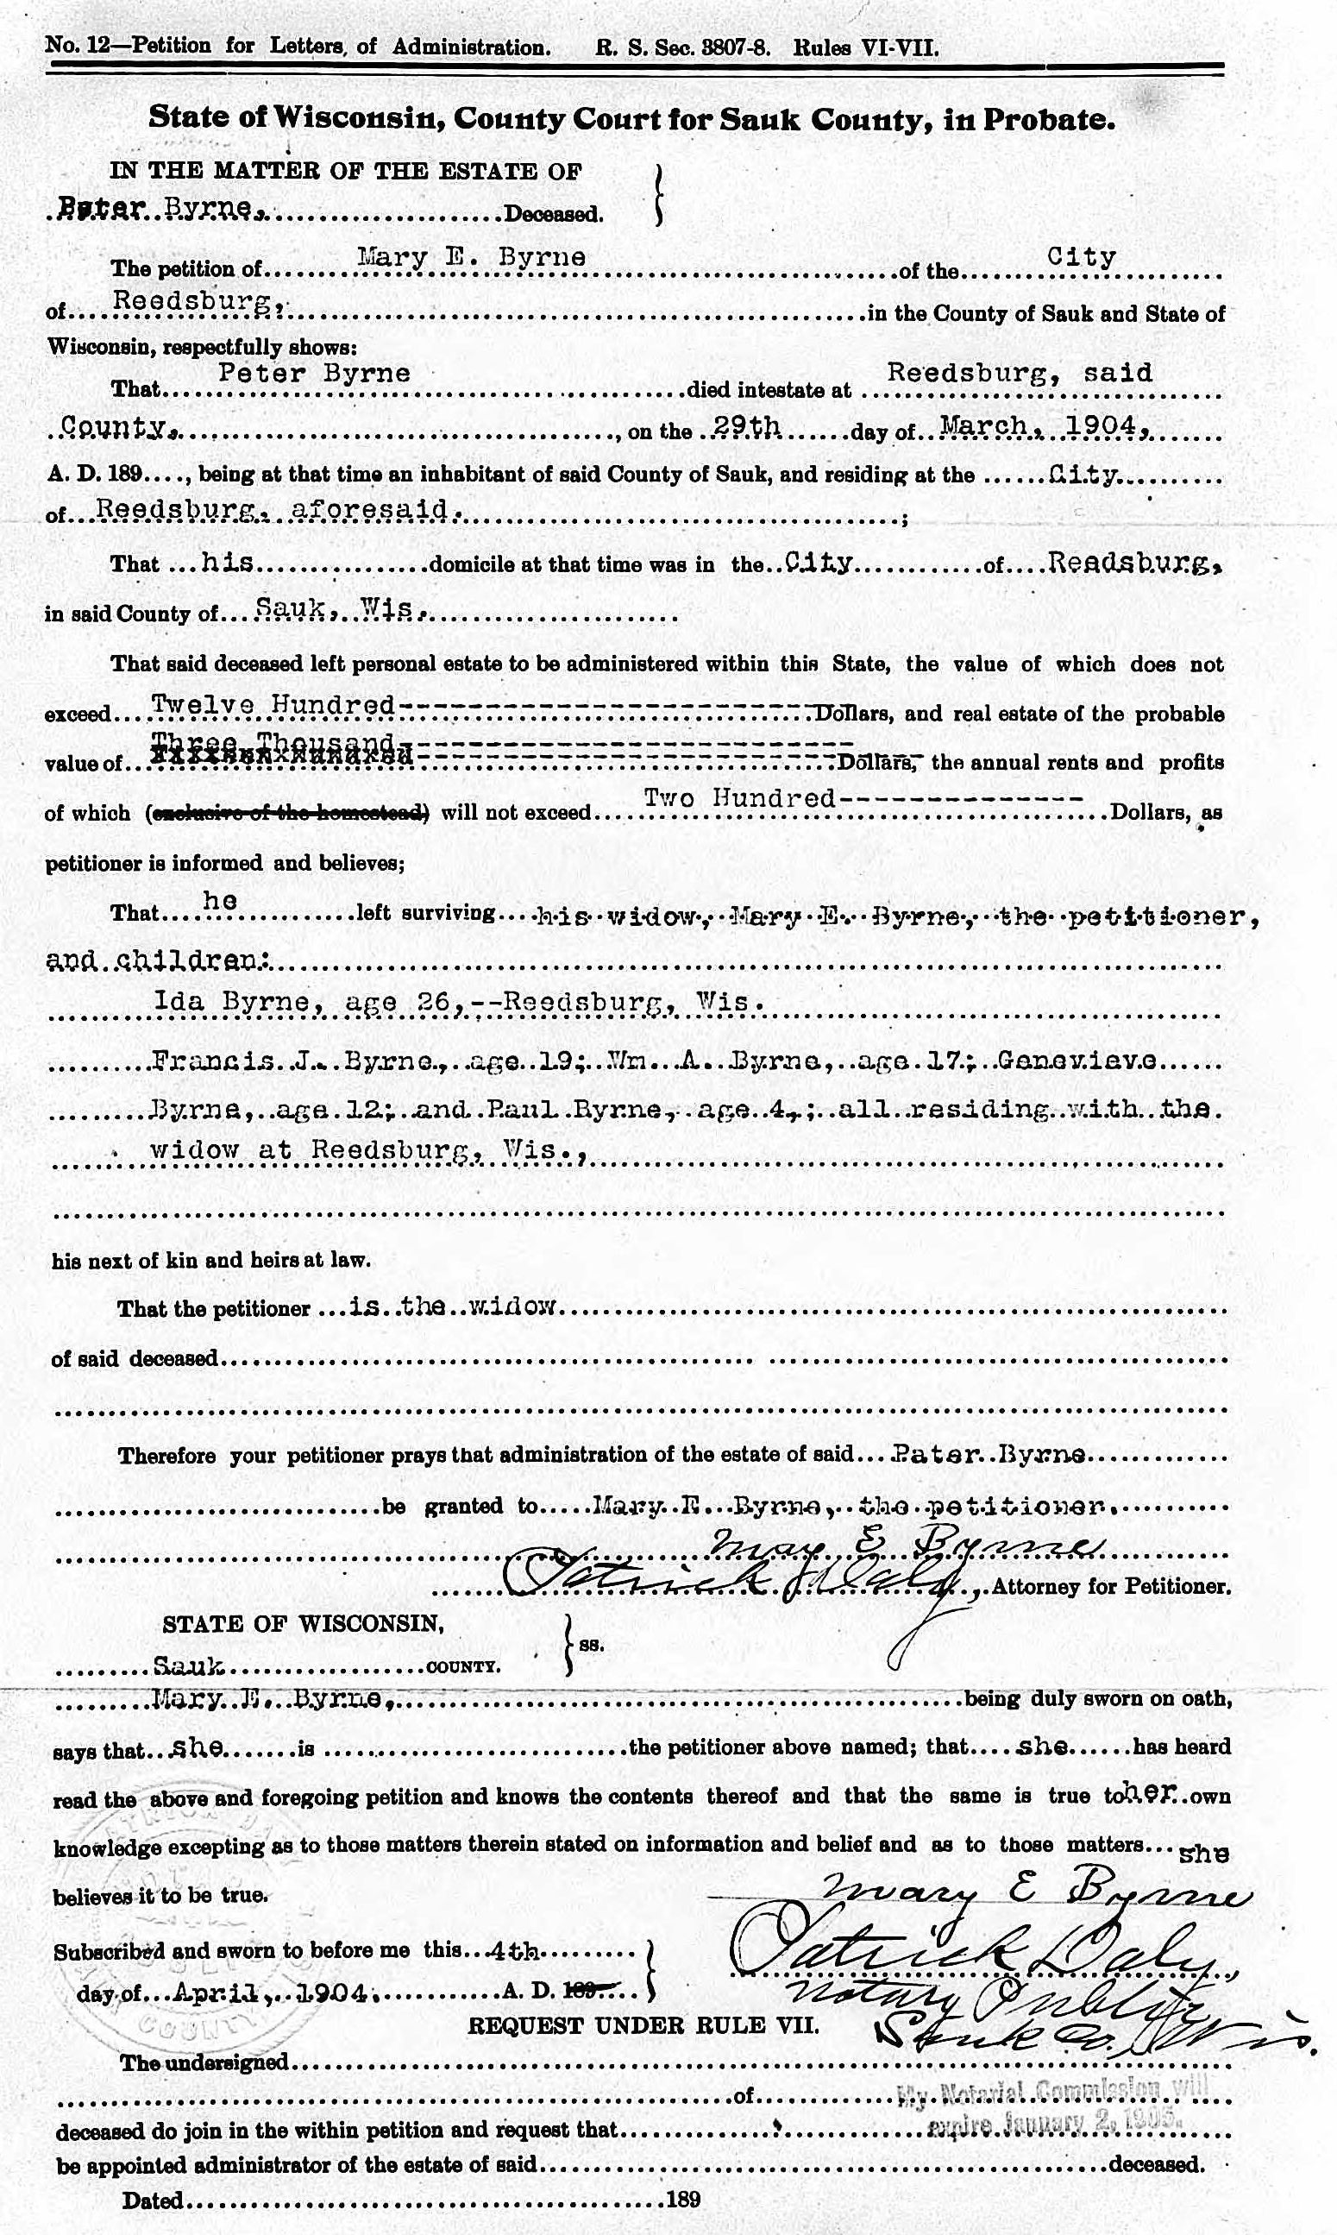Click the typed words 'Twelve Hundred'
pyautogui.click(x=272, y=705)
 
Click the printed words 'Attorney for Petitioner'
pyautogui.click(x=1111, y=1587)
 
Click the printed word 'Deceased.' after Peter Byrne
pyautogui.click(x=552, y=215)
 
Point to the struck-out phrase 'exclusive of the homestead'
pyautogui.click(x=286, y=813)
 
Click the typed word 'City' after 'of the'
pyautogui.click(x=1081, y=258)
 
